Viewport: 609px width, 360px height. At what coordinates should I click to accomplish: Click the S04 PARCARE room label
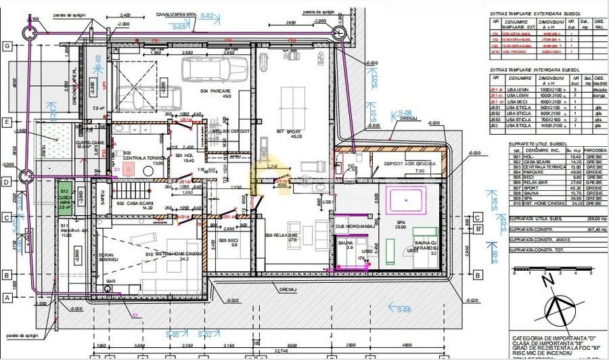[215, 93]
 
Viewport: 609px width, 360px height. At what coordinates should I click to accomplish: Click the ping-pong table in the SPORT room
[298, 102]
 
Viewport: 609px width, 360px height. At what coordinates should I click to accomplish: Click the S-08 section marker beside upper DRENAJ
[405, 112]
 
